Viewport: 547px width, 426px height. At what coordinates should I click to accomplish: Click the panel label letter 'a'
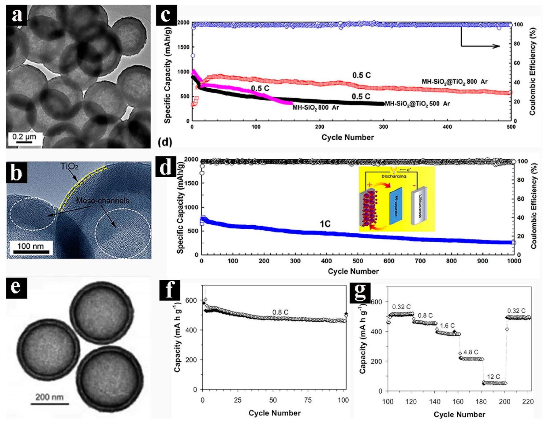coord(17,15)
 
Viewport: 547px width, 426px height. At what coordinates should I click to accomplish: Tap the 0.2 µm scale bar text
coord(24,136)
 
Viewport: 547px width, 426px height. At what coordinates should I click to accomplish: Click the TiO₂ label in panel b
coord(69,166)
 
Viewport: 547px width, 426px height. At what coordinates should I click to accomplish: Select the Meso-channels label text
coord(103,201)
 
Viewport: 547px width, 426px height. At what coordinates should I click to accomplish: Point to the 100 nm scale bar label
coord(30,246)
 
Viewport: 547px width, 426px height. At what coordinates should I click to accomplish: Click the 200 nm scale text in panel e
coord(49,397)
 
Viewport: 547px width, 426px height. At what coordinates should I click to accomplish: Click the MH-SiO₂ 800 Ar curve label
coord(315,108)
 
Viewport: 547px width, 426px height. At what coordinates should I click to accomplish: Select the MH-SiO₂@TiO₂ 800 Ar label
coord(454,82)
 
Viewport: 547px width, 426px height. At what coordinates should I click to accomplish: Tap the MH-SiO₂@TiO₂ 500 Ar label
coord(417,103)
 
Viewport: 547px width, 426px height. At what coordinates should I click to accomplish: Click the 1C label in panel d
coord(325,224)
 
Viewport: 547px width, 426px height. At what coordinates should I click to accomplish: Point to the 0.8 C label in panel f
coord(280,312)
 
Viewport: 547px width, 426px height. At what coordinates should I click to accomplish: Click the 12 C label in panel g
coord(494,377)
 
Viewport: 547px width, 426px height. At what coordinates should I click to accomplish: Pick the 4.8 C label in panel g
coord(471,352)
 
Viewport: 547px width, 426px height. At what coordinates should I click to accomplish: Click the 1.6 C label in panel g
coord(447,326)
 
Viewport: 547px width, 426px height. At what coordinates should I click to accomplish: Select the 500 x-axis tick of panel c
coord(511,127)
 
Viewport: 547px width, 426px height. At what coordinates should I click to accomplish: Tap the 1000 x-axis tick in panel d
coord(514,261)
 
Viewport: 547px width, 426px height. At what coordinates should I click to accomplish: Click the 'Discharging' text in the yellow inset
coord(394,176)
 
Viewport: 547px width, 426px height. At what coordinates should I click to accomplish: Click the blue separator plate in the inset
coord(396,206)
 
